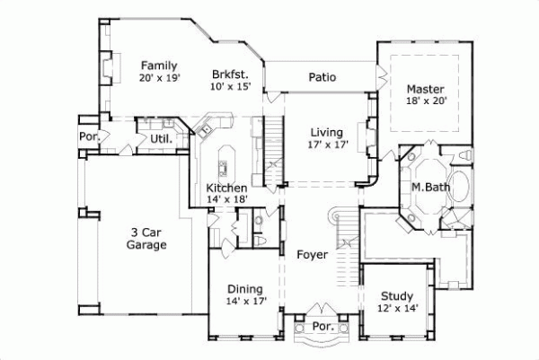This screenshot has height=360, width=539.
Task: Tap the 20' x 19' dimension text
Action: pyautogui.click(x=160, y=79)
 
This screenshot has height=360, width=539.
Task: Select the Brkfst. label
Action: pyautogui.click(x=230, y=75)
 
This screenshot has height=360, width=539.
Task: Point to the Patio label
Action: pyautogui.click(x=322, y=77)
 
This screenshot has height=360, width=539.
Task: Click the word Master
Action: pyautogui.click(x=424, y=89)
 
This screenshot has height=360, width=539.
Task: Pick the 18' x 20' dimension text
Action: pyautogui.click(x=424, y=102)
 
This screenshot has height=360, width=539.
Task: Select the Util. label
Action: pyautogui.click(x=161, y=139)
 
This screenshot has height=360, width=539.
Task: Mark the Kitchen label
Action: pyautogui.click(x=226, y=188)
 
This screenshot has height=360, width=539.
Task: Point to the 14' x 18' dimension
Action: pyautogui.click(x=226, y=200)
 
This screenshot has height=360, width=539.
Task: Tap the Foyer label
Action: pyautogui.click(x=312, y=255)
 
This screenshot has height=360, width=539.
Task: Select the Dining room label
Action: pyautogui.click(x=244, y=289)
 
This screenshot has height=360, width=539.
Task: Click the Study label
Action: pyautogui.click(x=396, y=295)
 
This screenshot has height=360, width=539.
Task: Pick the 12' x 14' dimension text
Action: pyautogui.click(x=396, y=309)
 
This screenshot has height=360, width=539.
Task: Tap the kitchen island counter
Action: pyautogui.click(x=224, y=159)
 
